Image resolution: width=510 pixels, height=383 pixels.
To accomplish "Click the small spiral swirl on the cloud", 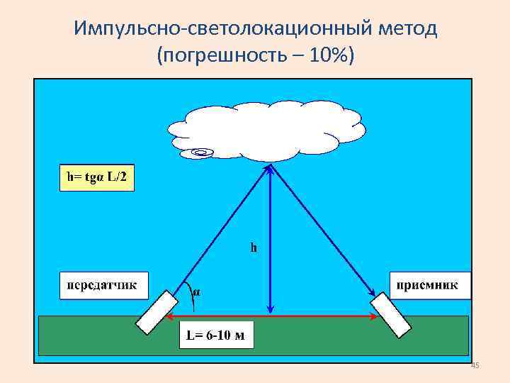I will [203, 151].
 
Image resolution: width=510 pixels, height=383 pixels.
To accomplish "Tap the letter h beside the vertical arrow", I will [254, 248].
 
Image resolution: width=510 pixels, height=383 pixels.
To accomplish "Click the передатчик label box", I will [103, 285].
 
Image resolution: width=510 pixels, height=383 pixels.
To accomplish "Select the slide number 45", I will [475, 365].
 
